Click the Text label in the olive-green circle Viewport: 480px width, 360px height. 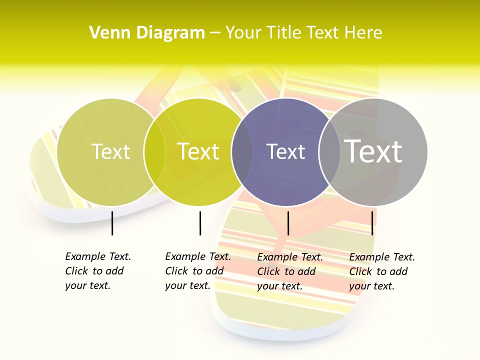pos(110,151)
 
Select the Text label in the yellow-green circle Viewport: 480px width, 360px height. pos(198,151)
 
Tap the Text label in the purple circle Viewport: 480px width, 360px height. pos(286,151)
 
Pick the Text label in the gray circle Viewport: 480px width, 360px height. pos(373,151)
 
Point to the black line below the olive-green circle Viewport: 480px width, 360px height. pos(112,223)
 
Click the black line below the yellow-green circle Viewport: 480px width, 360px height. pos(200,223)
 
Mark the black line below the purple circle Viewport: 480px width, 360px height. pos(288,223)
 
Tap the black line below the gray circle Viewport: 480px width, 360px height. pos(372,223)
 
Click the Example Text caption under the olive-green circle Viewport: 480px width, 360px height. pos(98,271)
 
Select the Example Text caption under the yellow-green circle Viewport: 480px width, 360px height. pos(198,271)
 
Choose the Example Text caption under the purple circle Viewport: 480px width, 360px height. pos(290,271)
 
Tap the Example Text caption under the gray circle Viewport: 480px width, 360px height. pos(382,271)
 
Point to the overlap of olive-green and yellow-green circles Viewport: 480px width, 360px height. pos(154,152)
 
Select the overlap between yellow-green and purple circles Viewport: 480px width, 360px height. pos(242,152)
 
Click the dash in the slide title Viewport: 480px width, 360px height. pos(215,33)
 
